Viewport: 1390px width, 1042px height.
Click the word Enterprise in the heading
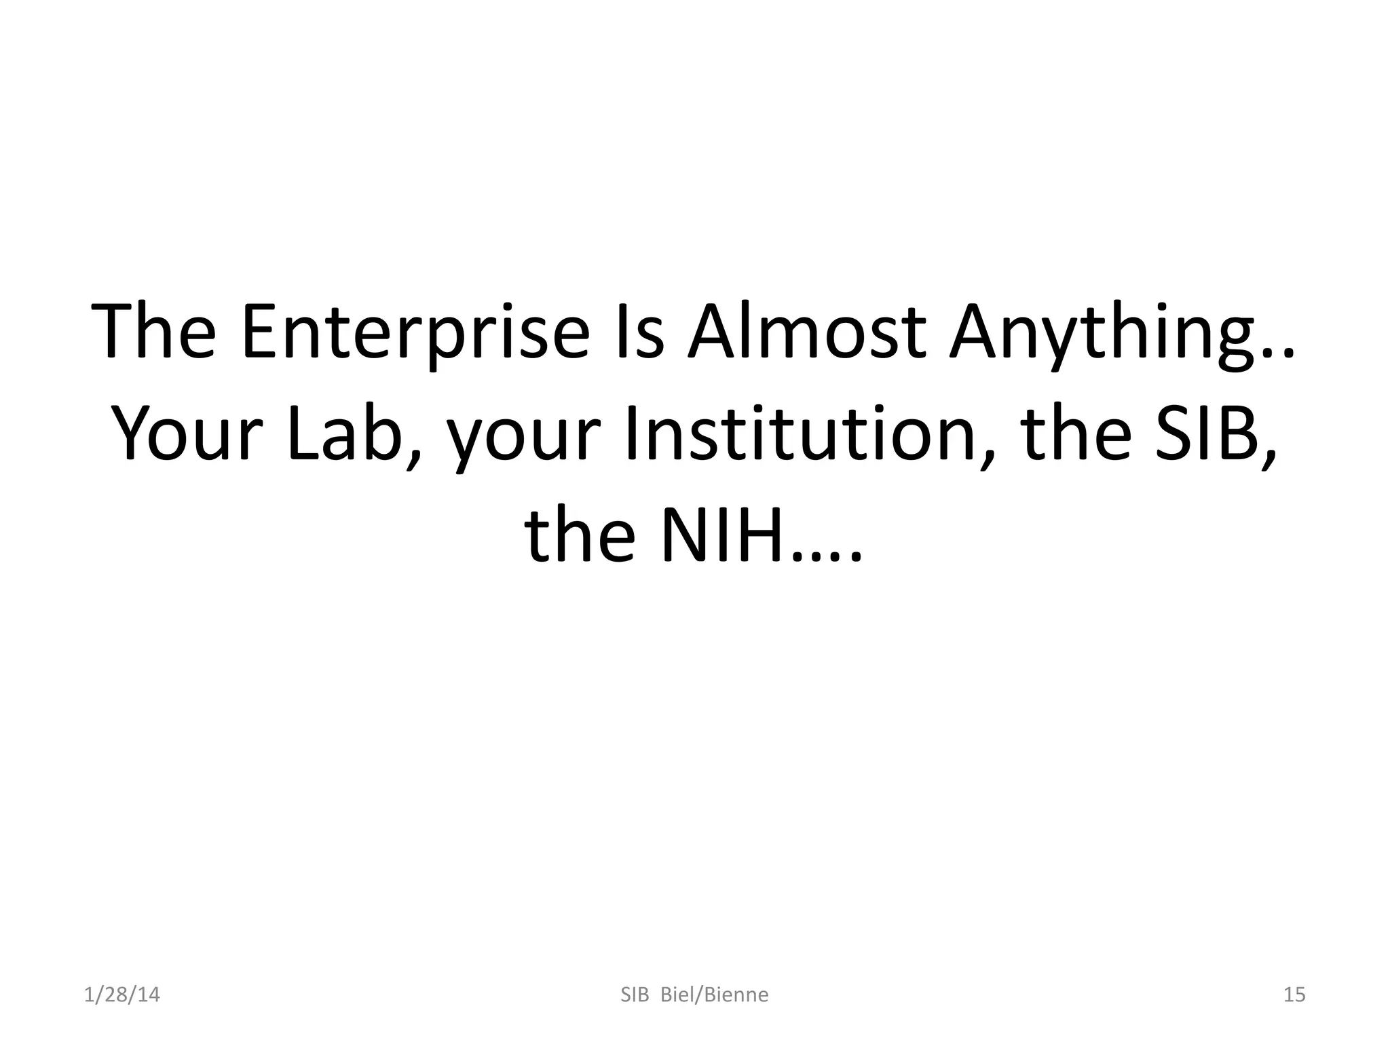[415, 332]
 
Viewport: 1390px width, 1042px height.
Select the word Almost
[807, 332]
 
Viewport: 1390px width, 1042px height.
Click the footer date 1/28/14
[122, 995]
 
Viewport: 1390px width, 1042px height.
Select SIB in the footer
[635, 995]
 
